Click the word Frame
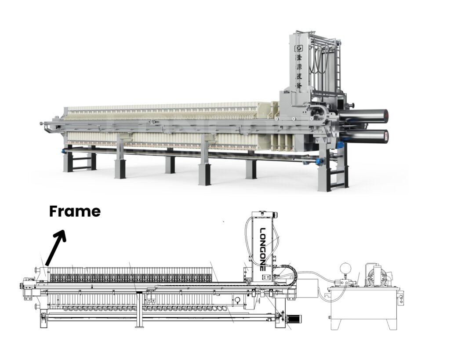coord(75,211)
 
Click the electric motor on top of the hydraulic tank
coord(377,275)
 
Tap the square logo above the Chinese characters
coord(300,48)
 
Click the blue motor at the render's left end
coord(66,151)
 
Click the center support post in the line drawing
coord(139,310)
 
